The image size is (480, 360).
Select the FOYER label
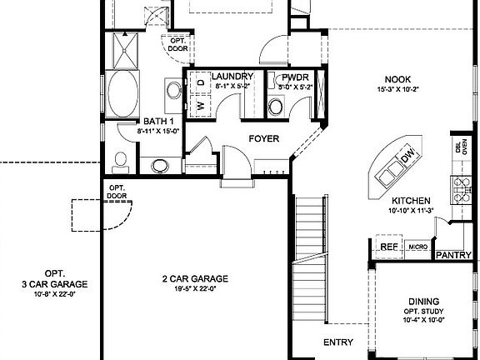tap(263, 138)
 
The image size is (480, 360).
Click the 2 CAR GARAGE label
tap(195, 279)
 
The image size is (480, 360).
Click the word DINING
tap(424, 301)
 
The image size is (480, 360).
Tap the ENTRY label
tap(338, 342)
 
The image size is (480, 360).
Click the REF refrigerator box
tap(388, 247)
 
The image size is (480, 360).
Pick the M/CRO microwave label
tap(417, 247)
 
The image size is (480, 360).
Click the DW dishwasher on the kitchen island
tap(407, 155)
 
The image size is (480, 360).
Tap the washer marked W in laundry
tap(201, 105)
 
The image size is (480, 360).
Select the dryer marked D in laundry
tap(201, 83)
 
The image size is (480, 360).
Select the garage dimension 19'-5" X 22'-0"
tap(195, 289)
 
